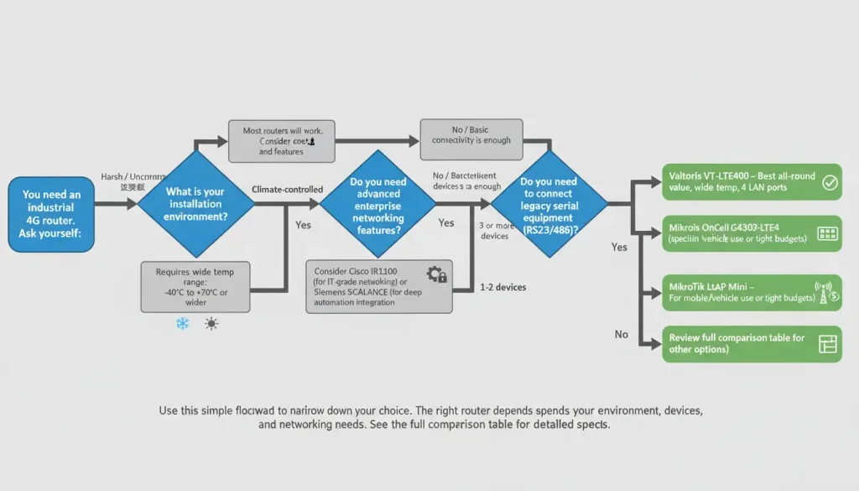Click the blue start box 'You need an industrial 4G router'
(51, 214)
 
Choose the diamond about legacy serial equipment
(549, 205)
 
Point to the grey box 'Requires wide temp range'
(195, 285)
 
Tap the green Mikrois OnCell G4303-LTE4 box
(752, 233)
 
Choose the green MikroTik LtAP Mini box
(752, 291)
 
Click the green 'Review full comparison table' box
(752, 343)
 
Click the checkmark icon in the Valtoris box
(830, 183)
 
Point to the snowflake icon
(182, 323)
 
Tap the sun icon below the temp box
(211, 323)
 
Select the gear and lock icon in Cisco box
(436, 274)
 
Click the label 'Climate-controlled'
(287, 191)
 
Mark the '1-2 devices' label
(503, 287)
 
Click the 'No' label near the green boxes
(621, 334)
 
